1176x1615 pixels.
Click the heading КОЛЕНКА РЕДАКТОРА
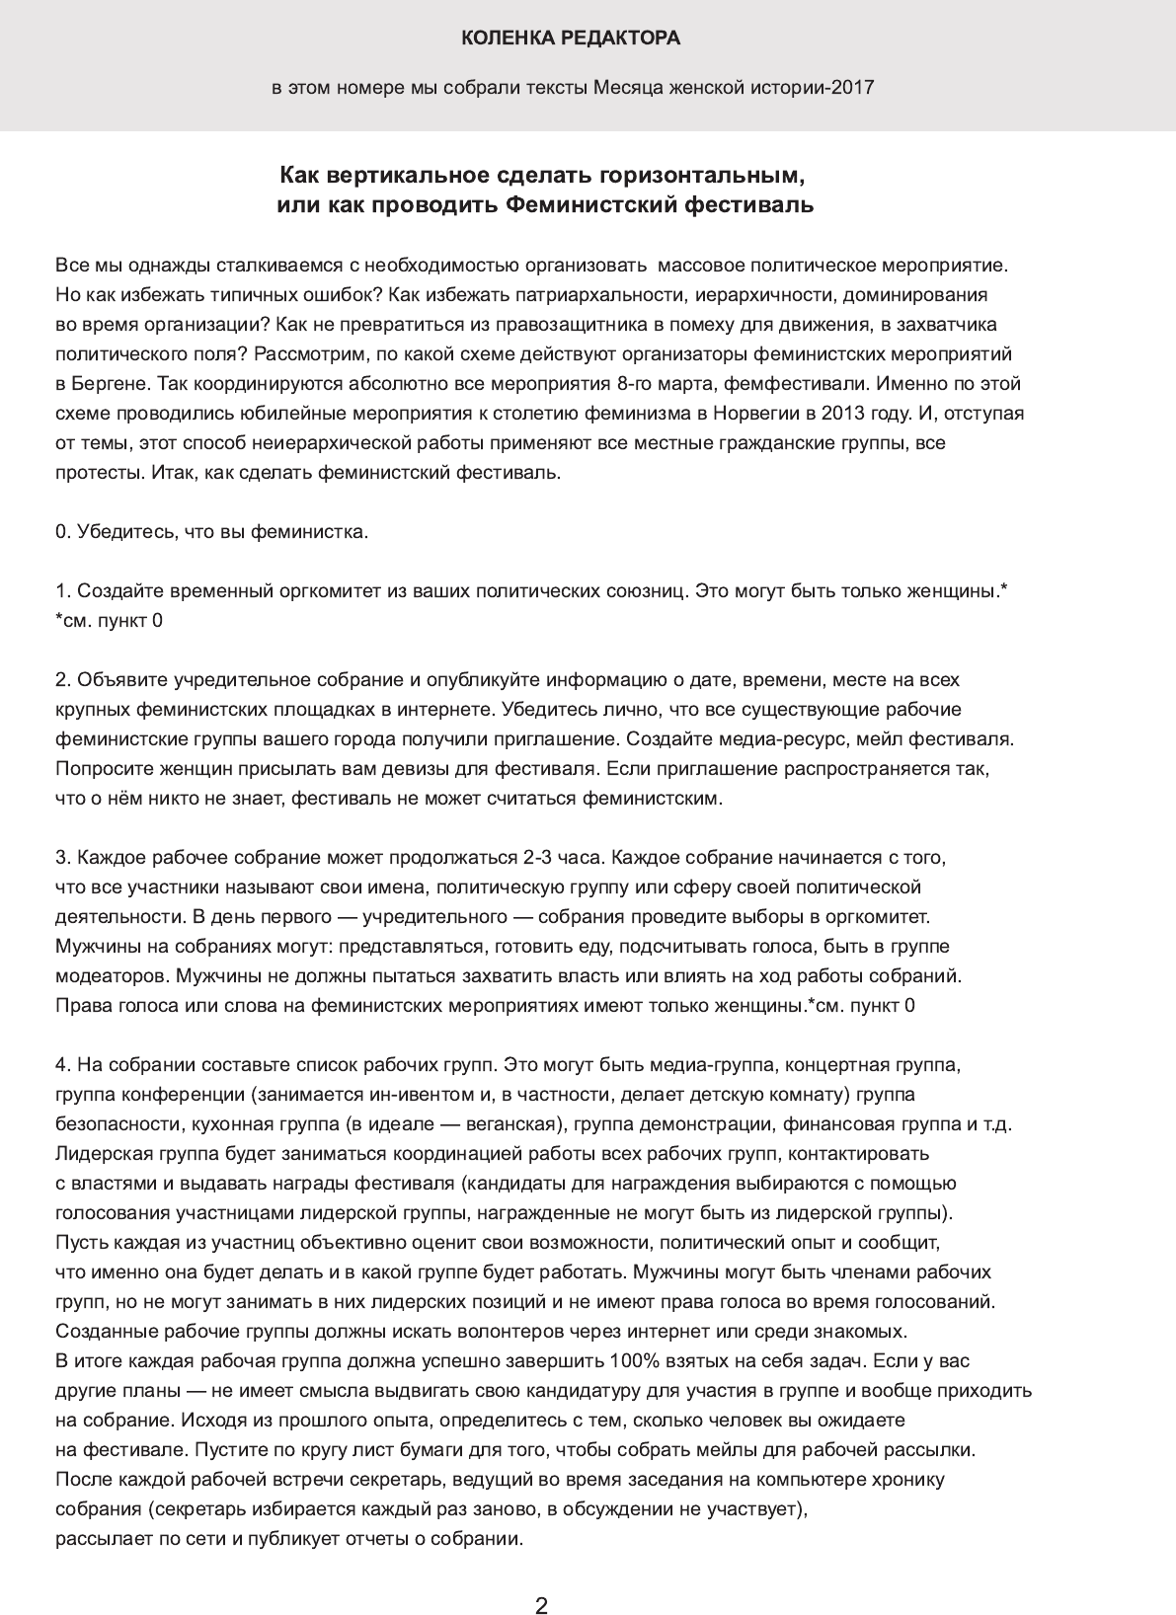click(x=571, y=38)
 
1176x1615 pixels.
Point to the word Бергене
click(x=109, y=384)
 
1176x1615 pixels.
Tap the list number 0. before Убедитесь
click(x=64, y=532)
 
